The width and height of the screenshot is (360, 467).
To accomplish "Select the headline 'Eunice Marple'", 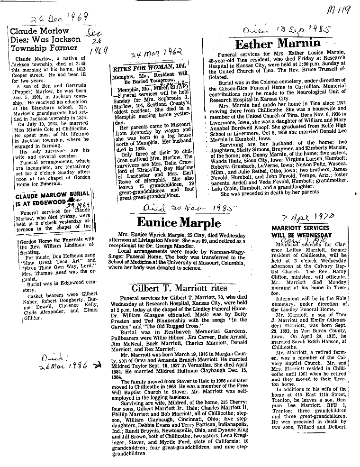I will pyautogui.click(x=179, y=222).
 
